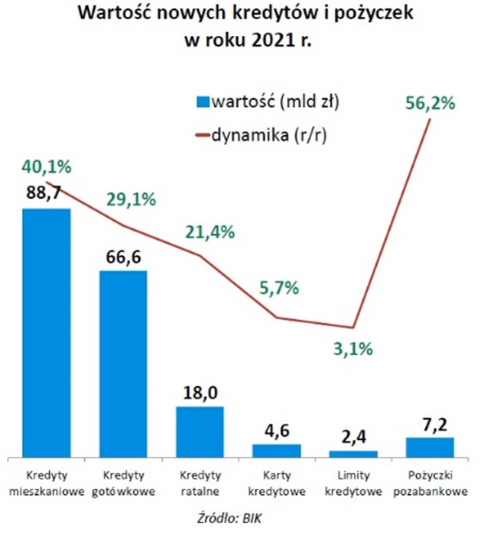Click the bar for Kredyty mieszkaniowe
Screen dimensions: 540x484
(47, 332)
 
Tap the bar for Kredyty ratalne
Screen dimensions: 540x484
(200, 432)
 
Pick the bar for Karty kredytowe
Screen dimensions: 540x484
(276, 450)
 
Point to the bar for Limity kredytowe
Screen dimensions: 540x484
(352, 454)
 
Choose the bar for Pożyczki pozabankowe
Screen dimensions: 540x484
(429, 447)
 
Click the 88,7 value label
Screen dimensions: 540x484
(46, 195)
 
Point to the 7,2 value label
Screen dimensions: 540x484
(429, 423)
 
